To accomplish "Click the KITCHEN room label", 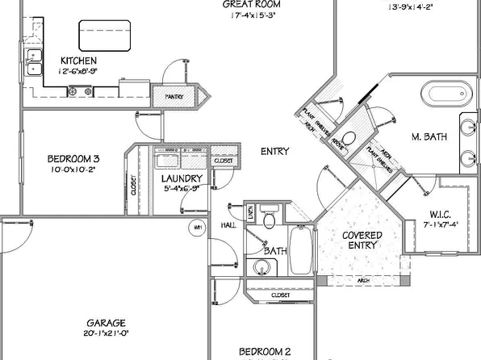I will [x=79, y=61].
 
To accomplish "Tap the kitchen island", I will [x=105, y=36].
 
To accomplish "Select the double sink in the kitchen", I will [x=34, y=61].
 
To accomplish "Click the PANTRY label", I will [x=174, y=97].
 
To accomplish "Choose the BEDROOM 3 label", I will [x=73, y=158].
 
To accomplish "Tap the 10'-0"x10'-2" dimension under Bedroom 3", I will [x=73, y=170].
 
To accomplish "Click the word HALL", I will [x=228, y=226].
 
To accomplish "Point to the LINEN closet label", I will [x=251, y=214].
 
